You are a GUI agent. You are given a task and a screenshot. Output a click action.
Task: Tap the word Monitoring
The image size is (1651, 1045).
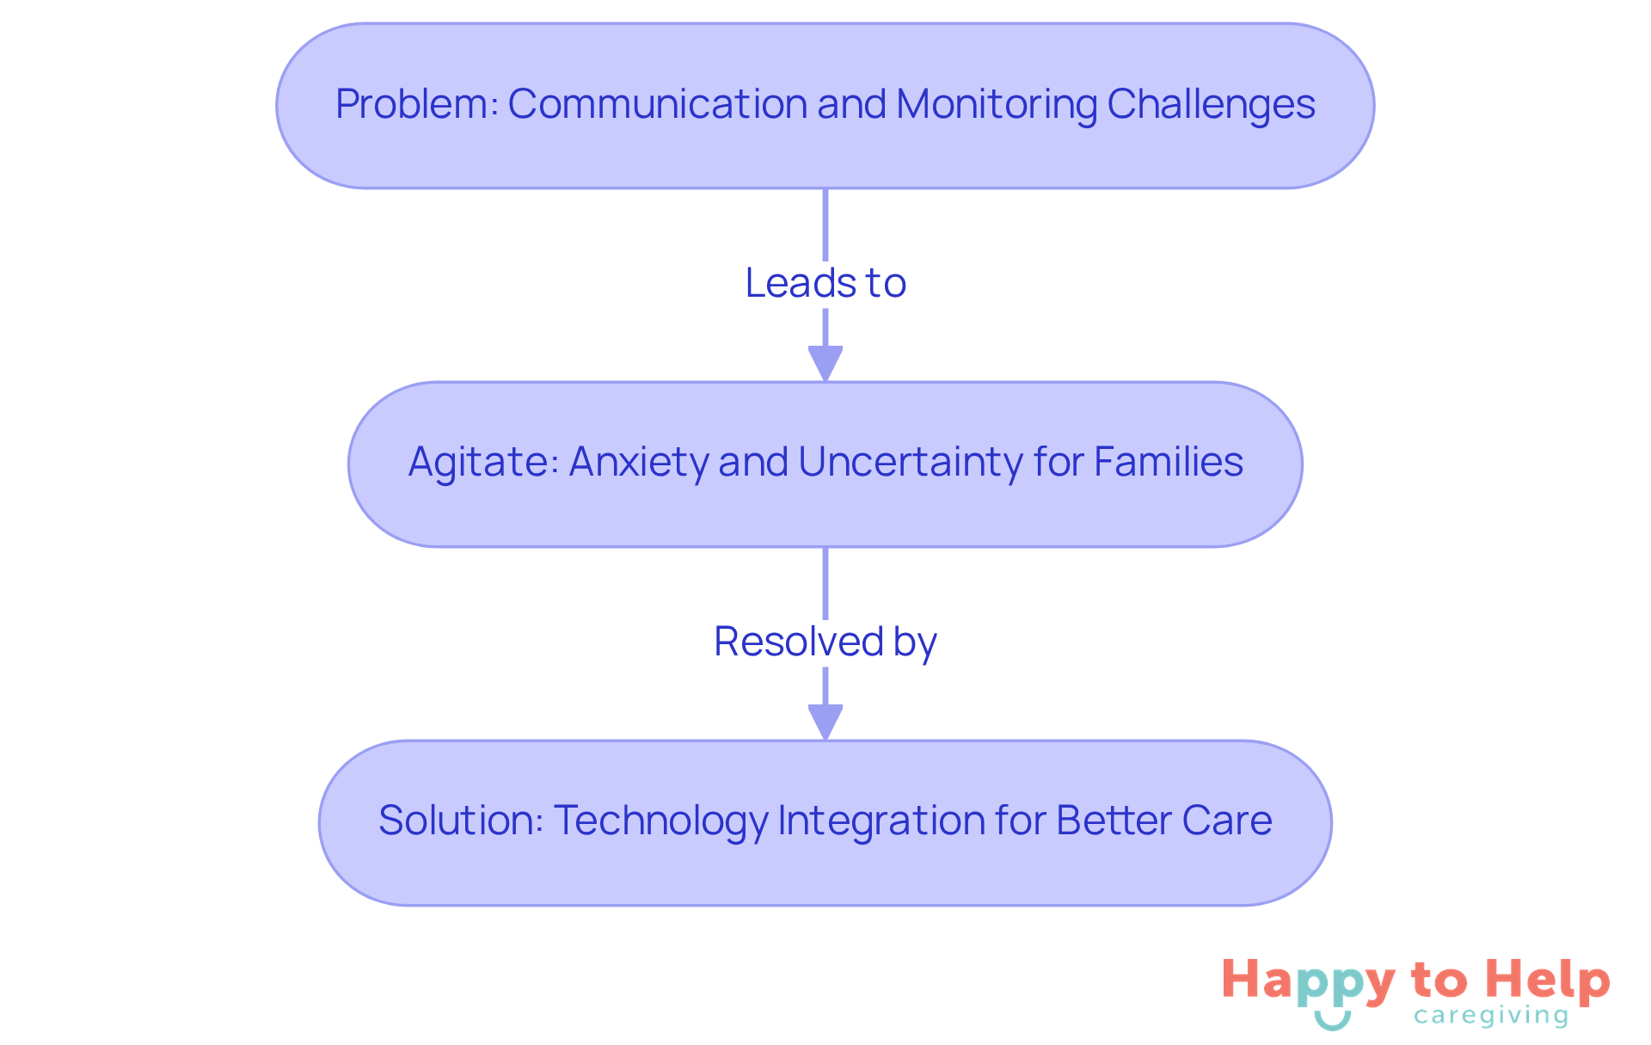click(x=997, y=104)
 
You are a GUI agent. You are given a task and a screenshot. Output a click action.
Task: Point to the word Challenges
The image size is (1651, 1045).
click(x=1211, y=104)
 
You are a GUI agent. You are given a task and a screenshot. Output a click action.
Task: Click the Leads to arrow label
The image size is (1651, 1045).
click(x=825, y=283)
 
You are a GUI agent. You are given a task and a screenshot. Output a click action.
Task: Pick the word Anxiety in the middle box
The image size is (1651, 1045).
click(x=639, y=462)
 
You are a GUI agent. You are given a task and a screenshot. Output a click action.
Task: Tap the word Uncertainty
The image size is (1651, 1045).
click(x=911, y=462)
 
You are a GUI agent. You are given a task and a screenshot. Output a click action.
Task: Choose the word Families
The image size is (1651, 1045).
click(x=1169, y=462)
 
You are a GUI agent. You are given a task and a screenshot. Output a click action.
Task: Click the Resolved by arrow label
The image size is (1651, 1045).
click(x=825, y=642)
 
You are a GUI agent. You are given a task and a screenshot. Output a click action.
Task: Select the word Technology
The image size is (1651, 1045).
click(x=660, y=820)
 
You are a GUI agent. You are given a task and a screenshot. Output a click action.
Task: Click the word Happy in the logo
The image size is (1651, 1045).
click(x=1309, y=981)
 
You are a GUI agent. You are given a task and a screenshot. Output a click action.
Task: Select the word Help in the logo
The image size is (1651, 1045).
click(x=1548, y=981)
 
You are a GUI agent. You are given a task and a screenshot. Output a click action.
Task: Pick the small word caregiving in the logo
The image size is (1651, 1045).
click(x=1491, y=1016)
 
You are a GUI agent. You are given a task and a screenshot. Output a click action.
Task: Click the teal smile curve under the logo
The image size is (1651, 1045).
click(x=1333, y=1021)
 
